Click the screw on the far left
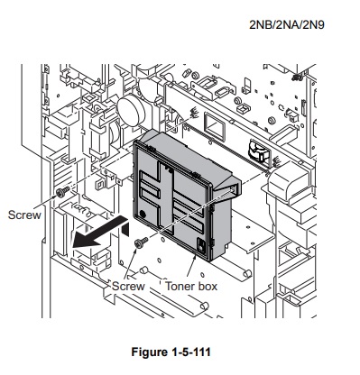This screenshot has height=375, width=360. pyautogui.click(x=62, y=192)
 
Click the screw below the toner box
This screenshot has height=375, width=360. pyautogui.click(x=141, y=242)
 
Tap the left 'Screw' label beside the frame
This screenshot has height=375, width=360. pyautogui.click(x=24, y=215)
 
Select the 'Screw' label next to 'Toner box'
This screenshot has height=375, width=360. pyautogui.click(x=128, y=286)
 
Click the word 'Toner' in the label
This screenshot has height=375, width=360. pyautogui.click(x=180, y=286)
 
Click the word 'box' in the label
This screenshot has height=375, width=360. pyautogui.click(x=208, y=286)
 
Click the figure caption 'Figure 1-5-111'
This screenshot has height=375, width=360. pyautogui.click(x=171, y=352)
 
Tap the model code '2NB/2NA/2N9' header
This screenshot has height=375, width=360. pyautogui.click(x=287, y=24)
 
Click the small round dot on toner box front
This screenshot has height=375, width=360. pyautogui.click(x=143, y=214)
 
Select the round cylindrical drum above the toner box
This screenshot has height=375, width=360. pyautogui.click(x=132, y=110)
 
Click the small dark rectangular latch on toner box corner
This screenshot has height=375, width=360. pyautogui.click(x=200, y=244)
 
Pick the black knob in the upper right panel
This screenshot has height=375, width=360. pyautogui.click(x=256, y=151)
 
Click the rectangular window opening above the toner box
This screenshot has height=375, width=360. pyautogui.click(x=216, y=124)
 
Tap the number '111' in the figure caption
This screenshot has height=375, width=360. pyautogui.click(x=201, y=352)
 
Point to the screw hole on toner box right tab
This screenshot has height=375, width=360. pyautogui.click(x=233, y=188)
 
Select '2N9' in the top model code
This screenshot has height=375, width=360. pyautogui.click(x=315, y=24)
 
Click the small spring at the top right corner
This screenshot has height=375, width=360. pyautogui.click(x=298, y=78)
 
